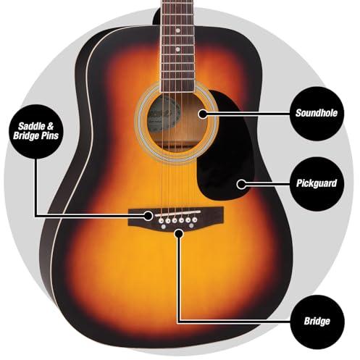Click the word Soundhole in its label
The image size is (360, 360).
pyautogui.click(x=317, y=113)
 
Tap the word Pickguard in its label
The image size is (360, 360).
pyautogui.click(x=317, y=183)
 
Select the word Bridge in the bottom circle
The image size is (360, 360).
pyautogui.click(x=317, y=321)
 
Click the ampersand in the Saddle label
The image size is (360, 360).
pyautogui.click(x=50, y=126)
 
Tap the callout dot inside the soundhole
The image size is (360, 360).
pyautogui.click(x=203, y=114)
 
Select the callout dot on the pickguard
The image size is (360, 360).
pyautogui.click(x=241, y=185)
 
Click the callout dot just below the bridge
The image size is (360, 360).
pyautogui.click(x=179, y=233)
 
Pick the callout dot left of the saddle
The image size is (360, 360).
pyautogui.click(x=148, y=216)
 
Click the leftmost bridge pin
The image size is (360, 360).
pyautogui.click(x=161, y=221)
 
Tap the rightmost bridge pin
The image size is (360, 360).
pyautogui.click(x=195, y=219)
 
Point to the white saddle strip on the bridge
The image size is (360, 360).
pyautogui.click(x=177, y=214)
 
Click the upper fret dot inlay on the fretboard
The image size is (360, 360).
pyautogui.click(x=178, y=30)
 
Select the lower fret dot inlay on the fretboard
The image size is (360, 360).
pyautogui.click(x=178, y=49)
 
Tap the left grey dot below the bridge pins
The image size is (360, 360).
pyautogui.click(x=164, y=227)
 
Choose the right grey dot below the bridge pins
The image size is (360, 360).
pyautogui.click(x=191, y=226)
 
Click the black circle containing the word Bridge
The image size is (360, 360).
pyautogui.click(x=317, y=322)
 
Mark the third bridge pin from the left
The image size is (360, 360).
pyautogui.click(x=175, y=220)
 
